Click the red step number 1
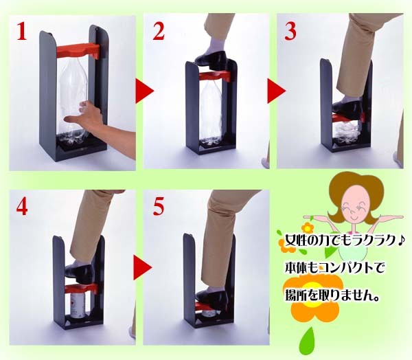coord(22,31)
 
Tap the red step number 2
coord(159,31)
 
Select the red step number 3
coord(290,31)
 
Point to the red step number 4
coord(22,206)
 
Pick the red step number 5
coord(159,206)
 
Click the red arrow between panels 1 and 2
coord(144,91)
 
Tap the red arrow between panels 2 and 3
coord(277,91)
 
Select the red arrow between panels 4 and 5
coord(143,268)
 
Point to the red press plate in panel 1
coord(78,51)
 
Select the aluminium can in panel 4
coord(79,305)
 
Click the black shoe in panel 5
coord(212,297)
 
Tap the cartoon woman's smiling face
coord(354,206)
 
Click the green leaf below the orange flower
coord(306,341)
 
